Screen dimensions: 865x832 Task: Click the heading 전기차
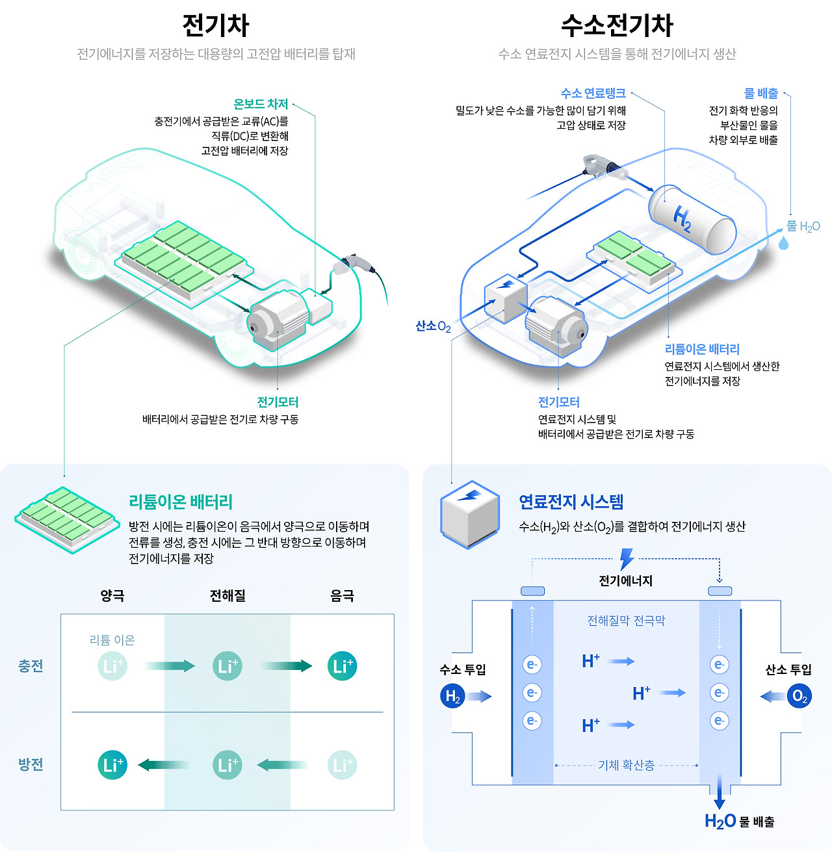pyautogui.click(x=216, y=25)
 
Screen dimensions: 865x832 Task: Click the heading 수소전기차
pyautogui.click(x=617, y=25)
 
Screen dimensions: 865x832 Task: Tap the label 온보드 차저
pyautogui.click(x=260, y=104)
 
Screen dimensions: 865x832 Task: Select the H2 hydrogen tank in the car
pyautogui.click(x=692, y=220)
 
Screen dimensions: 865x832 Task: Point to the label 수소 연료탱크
pyautogui.click(x=593, y=94)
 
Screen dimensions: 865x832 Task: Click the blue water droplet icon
pyautogui.click(x=784, y=242)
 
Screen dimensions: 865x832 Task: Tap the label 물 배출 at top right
pyautogui.click(x=760, y=94)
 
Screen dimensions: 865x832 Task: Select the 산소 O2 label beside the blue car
pyautogui.click(x=433, y=326)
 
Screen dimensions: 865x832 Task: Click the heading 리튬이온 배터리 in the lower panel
pyautogui.click(x=181, y=502)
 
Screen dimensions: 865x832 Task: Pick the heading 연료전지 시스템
pyautogui.click(x=571, y=502)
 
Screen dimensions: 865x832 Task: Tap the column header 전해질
pyautogui.click(x=227, y=596)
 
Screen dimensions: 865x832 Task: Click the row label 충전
pyautogui.click(x=31, y=666)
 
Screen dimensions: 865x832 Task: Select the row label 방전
pyautogui.click(x=31, y=765)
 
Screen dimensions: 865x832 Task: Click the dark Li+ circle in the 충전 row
pyautogui.click(x=343, y=666)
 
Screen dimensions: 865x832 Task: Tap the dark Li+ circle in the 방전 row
pyautogui.click(x=112, y=765)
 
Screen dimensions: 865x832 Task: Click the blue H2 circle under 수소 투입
pyautogui.click(x=452, y=697)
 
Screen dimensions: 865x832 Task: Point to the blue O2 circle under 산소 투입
pyautogui.click(x=799, y=697)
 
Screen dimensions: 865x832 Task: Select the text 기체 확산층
pyautogui.click(x=626, y=766)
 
